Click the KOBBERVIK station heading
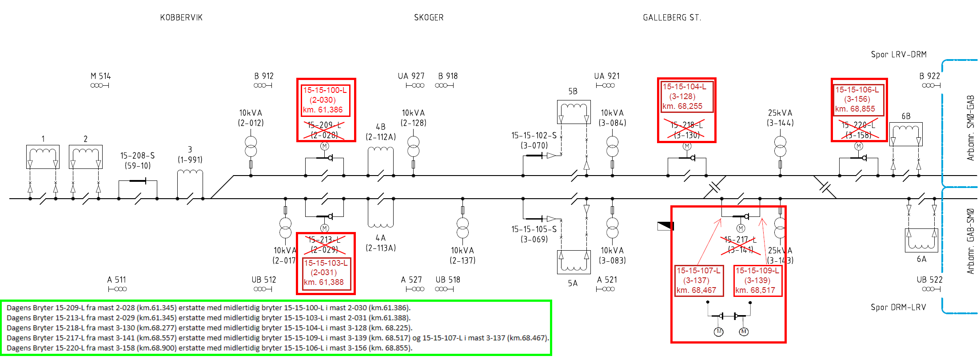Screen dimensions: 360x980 (x=181, y=18)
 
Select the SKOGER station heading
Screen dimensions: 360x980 (x=429, y=18)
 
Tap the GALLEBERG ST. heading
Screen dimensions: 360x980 (x=672, y=18)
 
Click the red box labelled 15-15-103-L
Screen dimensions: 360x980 (x=326, y=272)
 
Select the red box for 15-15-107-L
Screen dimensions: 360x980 (x=698, y=280)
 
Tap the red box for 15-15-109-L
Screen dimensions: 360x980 (x=757, y=280)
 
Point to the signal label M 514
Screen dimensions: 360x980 (x=101, y=76)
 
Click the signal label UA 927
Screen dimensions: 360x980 (x=411, y=76)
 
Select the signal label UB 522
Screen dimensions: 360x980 (x=929, y=280)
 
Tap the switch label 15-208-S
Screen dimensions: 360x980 (x=137, y=156)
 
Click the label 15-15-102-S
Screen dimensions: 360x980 (x=534, y=136)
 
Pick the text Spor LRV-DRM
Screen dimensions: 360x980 (x=898, y=55)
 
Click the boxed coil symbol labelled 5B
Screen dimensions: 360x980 (x=574, y=112)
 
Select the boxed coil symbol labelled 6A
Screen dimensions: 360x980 (x=921, y=240)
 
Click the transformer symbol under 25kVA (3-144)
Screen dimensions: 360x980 (x=780, y=147)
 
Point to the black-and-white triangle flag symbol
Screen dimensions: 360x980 (x=665, y=226)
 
